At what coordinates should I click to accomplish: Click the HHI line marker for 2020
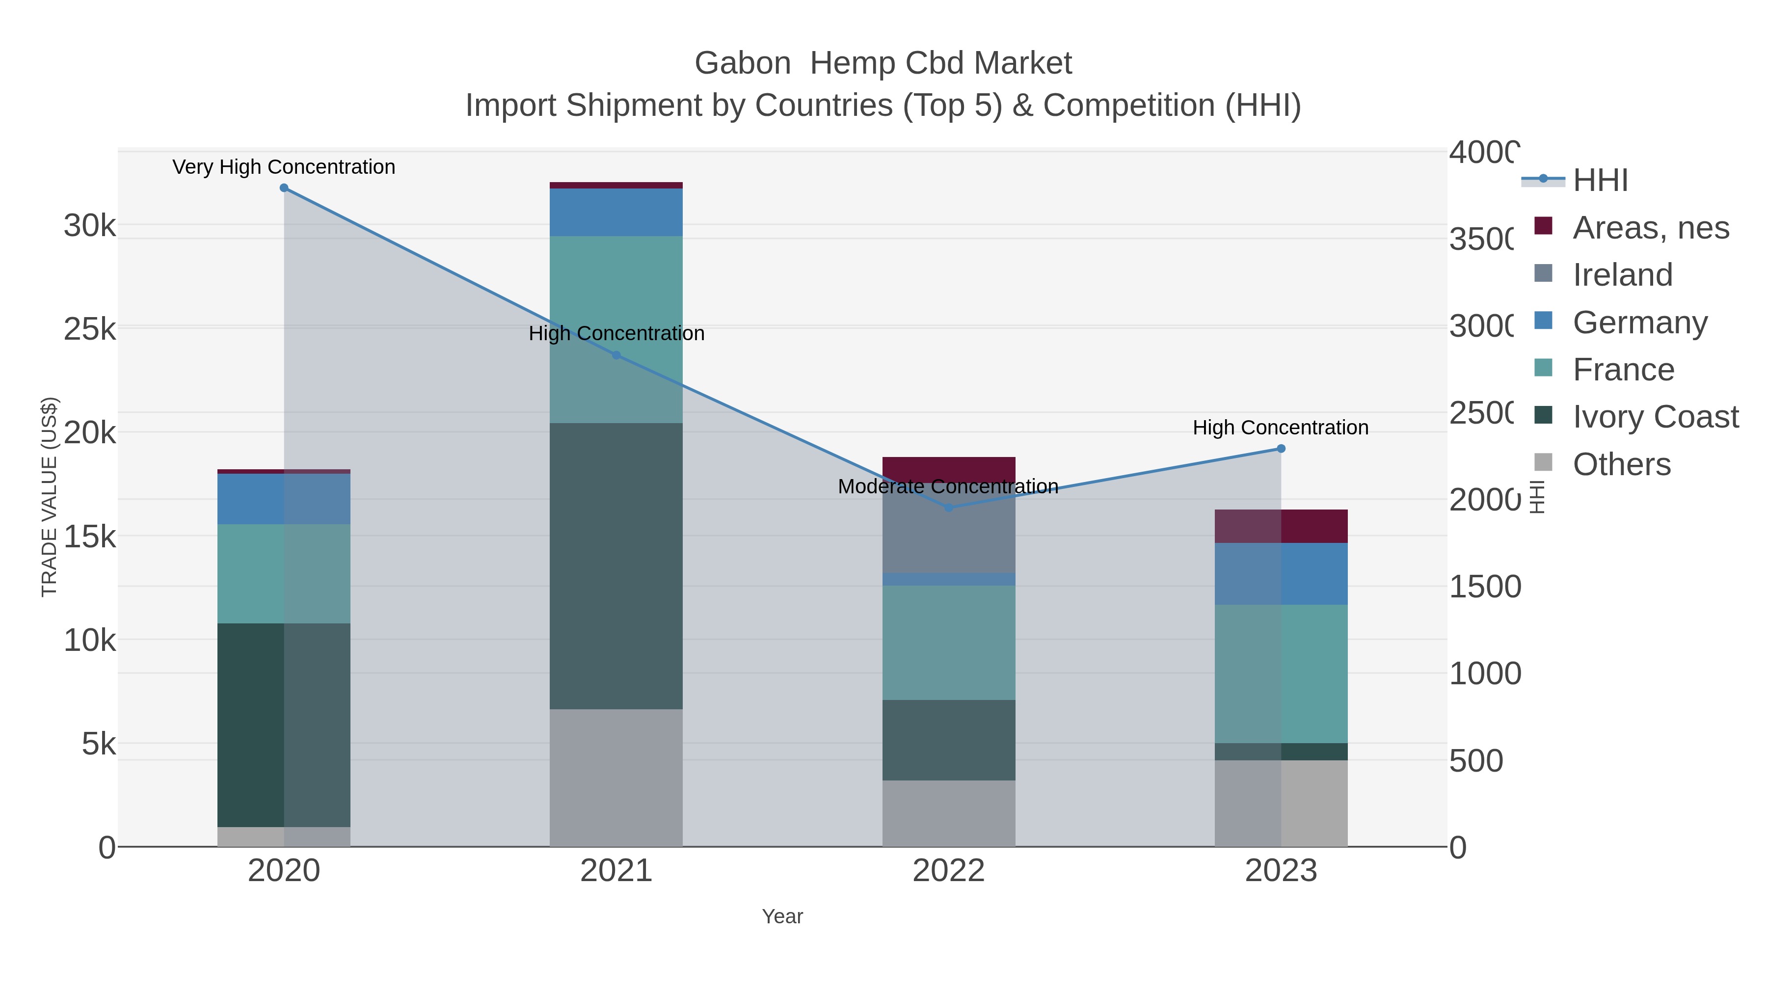[284, 188]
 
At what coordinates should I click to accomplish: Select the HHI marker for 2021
[616, 355]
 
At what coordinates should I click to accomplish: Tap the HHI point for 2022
[949, 508]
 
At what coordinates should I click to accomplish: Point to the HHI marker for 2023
[1281, 449]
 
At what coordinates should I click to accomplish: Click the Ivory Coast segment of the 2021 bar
[616, 566]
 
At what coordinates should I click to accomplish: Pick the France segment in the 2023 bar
[1281, 673]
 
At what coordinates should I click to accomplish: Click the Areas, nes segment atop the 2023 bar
[1281, 526]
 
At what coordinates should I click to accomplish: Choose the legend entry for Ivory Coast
[1655, 416]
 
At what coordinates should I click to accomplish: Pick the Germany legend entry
[1639, 322]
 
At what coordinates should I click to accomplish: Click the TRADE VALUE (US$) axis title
[50, 497]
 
